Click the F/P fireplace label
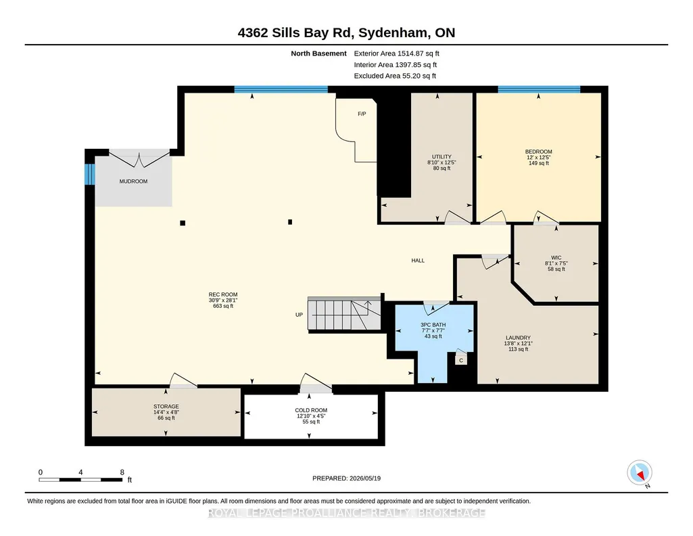point(362,114)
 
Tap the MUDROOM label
point(133,181)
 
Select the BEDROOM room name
point(539,152)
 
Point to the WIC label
point(556,258)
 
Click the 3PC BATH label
point(433,325)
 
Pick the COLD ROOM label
point(311,410)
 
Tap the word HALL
point(418,261)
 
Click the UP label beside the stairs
point(300,315)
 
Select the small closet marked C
point(461,360)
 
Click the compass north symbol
point(640,473)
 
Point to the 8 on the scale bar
point(122,472)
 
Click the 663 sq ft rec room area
point(223,306)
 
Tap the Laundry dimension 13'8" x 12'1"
point(519,344)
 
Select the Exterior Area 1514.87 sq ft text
point(396,53)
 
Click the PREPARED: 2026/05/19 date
point(346,478)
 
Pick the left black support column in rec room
point(183,223)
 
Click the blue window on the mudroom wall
point(90,174)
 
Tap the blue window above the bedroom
point(539,89)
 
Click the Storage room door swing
point(183,380)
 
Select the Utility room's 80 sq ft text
point(441,169)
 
